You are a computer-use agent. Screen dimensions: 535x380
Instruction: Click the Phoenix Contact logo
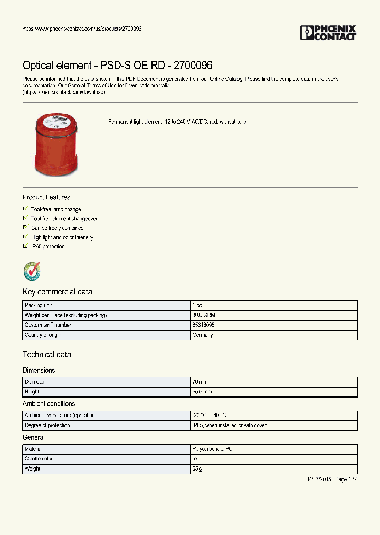click(x=328, y=33)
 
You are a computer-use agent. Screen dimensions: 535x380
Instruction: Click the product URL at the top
click(x=82, y=29)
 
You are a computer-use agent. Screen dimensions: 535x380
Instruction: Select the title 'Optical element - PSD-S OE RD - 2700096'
click(x=117, y=66)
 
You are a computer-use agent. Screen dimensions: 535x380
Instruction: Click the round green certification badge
click(x=32, y=271)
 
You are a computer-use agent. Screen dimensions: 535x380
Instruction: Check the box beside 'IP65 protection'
click(x=25, y=246)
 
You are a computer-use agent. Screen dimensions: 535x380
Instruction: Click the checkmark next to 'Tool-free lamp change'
click(x=25, y=209)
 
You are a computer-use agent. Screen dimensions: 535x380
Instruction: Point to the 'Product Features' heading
click(x=46, y=197)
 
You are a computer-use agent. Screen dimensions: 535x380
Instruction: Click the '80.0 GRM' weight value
click(x=204, y=316)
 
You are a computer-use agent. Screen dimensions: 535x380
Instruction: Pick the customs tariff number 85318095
click(x=203, y=325)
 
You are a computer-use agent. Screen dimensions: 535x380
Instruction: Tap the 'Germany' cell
click(x=203, y=335)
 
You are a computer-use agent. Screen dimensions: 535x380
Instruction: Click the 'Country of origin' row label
click(x=43, y=335)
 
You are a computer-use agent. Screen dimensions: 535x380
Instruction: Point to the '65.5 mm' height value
click(x=203, y=392)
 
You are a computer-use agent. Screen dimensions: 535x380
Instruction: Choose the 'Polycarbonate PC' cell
click(x=212, y=449)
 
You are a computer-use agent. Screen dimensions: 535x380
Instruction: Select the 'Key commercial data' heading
click(x=58, y=292)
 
